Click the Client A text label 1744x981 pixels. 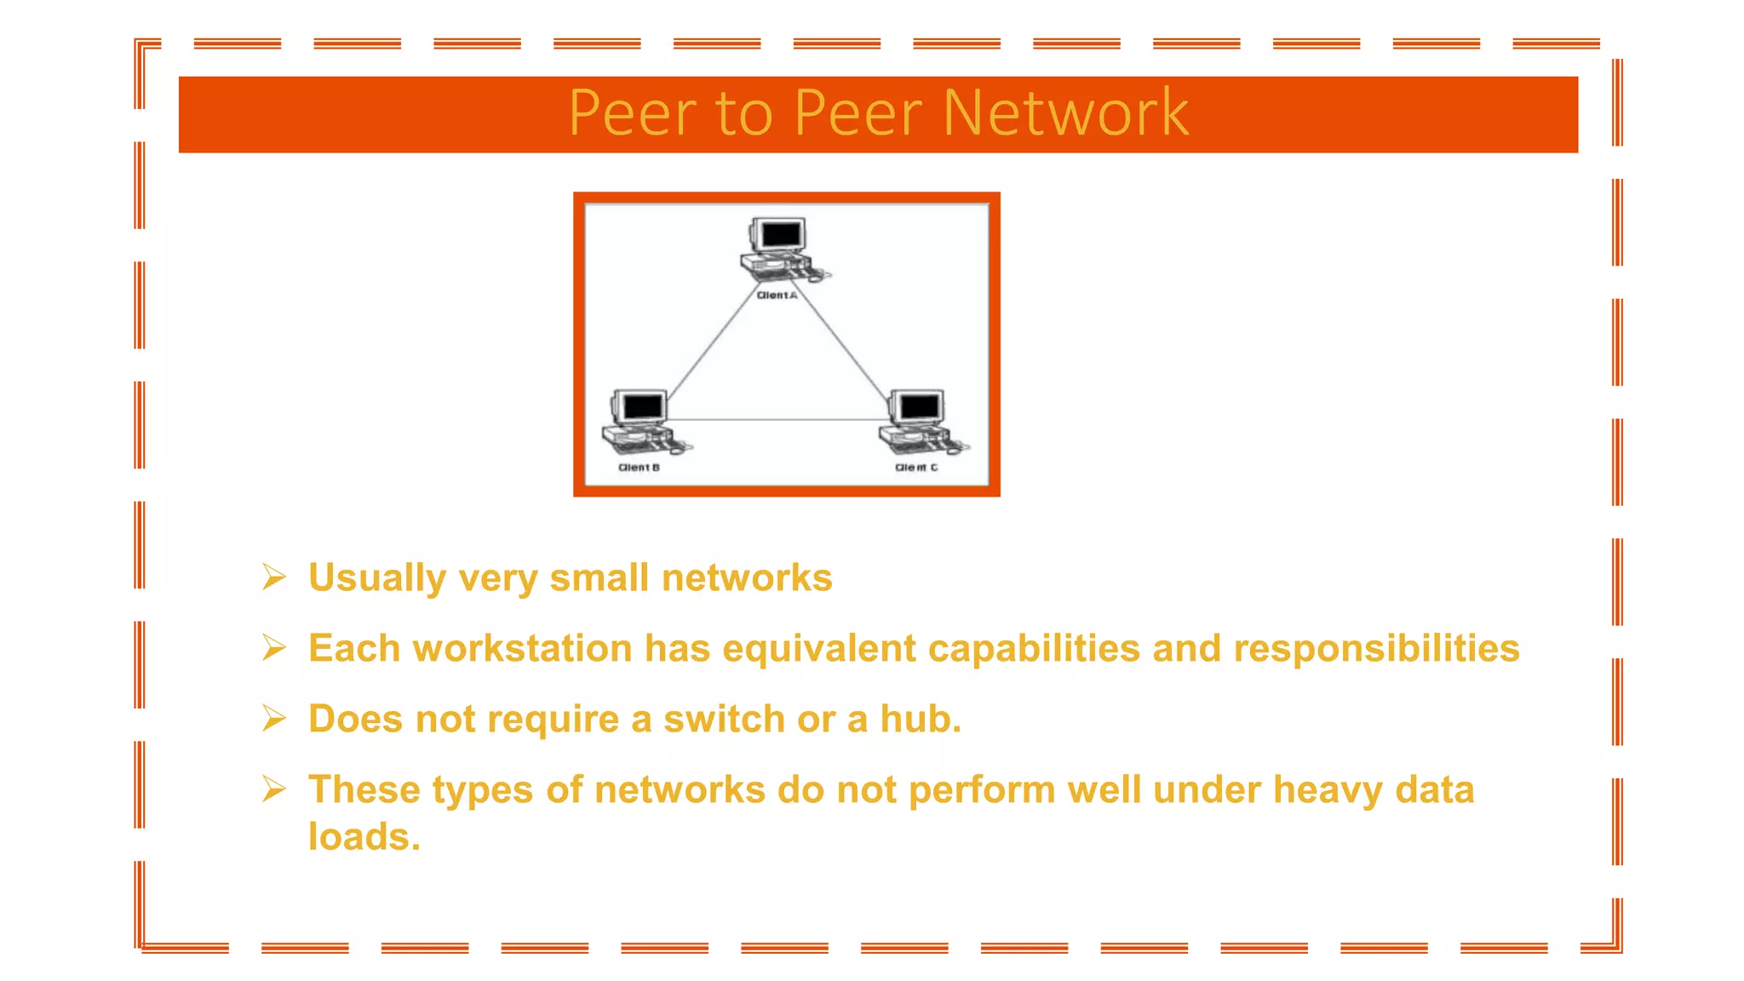click(x=777, y=295)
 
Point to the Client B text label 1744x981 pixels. click(x=639, y=468)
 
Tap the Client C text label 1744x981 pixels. click(x=915, y=468)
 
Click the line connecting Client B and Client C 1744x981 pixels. click(x=779, y=419)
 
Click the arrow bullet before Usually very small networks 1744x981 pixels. click(x=273, y=577)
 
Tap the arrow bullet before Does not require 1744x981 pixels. click(x=273, y=719)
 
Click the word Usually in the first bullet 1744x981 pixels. click(x=376, y=577)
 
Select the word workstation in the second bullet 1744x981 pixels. click(x=522, y=648)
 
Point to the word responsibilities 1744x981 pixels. click(x=1376, y=648)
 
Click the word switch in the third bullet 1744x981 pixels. click(x=724, y=719)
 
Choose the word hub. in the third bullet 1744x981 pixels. click(x=920, y=719)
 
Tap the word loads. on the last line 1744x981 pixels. click(x=364, y=836)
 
